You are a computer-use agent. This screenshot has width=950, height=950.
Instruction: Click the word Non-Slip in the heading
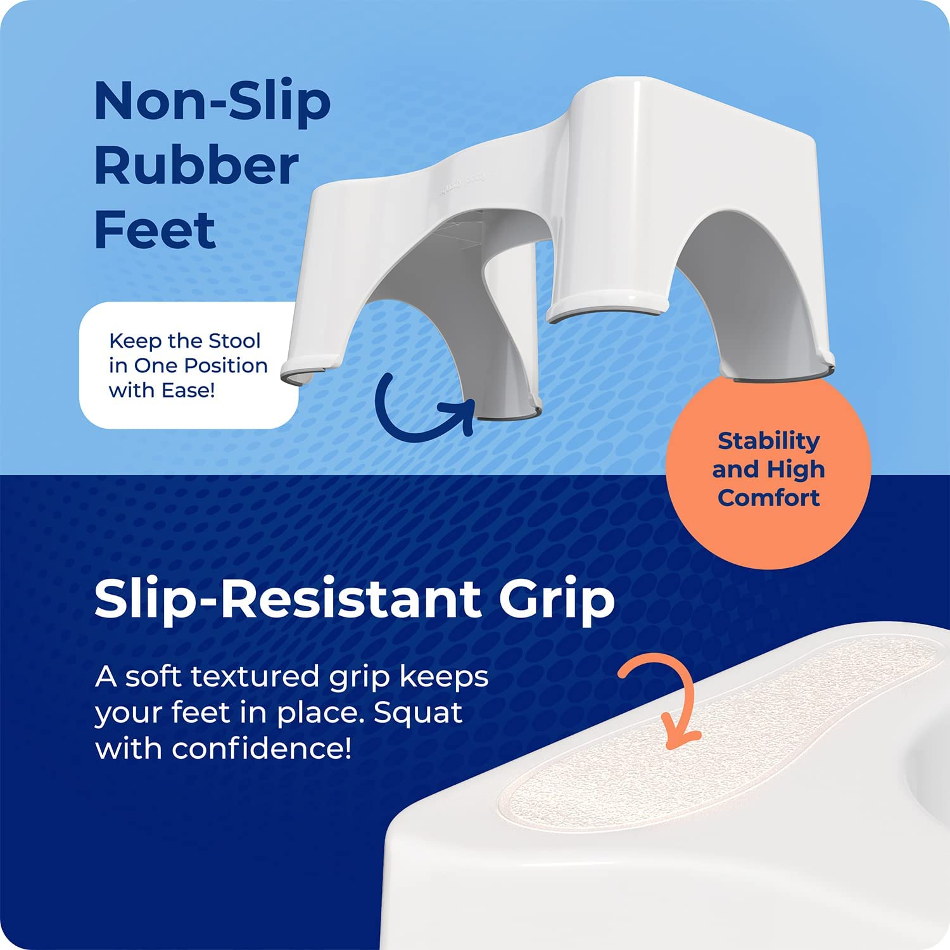212,101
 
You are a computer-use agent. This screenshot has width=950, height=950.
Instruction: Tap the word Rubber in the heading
196,166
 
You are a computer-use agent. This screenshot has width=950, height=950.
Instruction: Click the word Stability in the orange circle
768,441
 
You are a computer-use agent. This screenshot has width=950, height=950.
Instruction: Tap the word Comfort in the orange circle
768,498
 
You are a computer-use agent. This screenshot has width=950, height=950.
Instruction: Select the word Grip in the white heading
557,599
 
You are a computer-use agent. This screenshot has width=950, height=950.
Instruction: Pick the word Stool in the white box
234,341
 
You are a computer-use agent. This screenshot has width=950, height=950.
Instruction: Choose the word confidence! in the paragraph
262,749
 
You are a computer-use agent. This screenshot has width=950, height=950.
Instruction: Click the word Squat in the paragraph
418,713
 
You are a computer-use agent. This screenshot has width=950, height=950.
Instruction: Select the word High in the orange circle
794,469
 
